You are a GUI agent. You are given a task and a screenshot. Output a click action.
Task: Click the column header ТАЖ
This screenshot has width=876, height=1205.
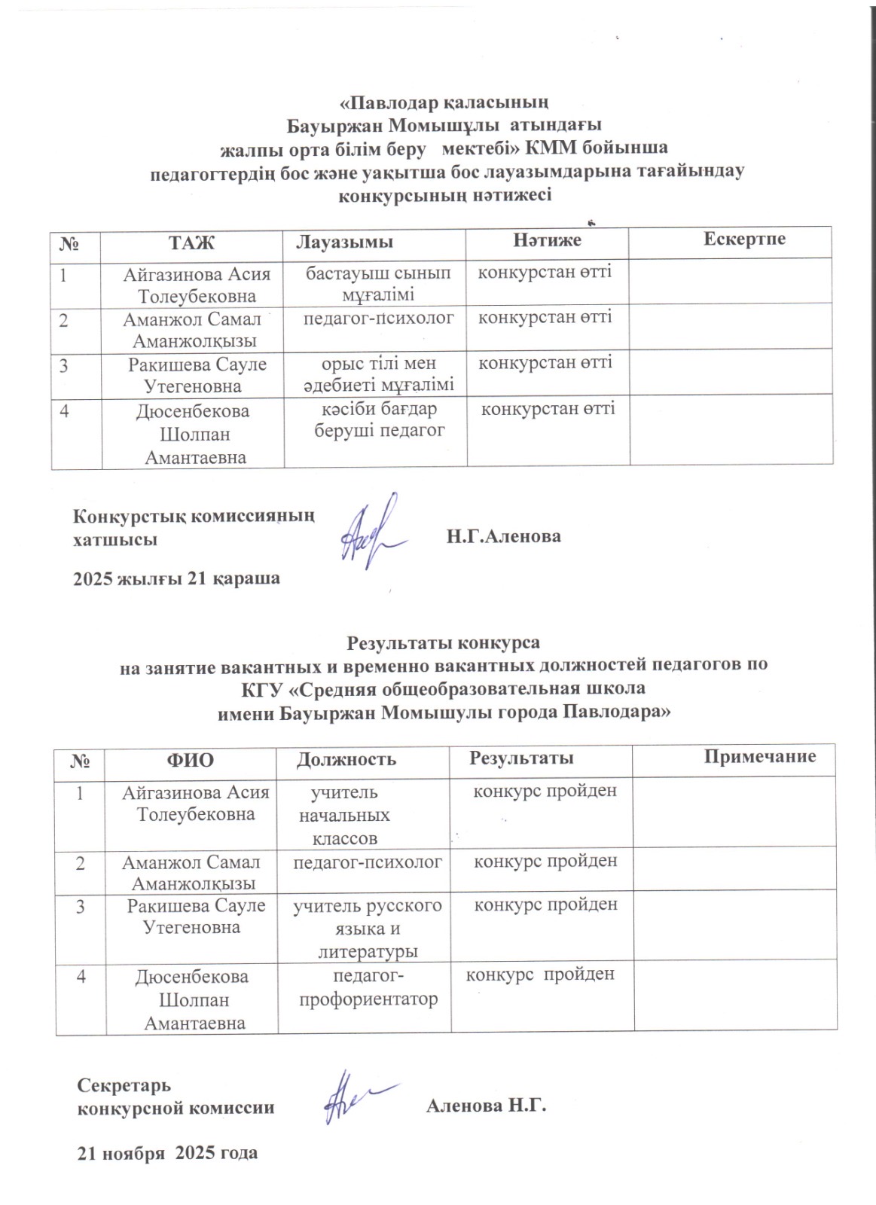click(191, 242)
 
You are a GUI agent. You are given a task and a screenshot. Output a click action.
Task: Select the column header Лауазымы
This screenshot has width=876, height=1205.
click(344, 242)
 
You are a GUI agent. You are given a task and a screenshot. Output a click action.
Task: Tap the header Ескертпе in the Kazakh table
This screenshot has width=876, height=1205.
click(744, 239)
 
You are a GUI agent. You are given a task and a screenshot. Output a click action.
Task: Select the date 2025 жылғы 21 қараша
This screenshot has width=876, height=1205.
click(176, 578)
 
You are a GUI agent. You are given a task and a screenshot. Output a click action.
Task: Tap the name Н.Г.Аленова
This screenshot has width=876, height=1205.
click(503, 537)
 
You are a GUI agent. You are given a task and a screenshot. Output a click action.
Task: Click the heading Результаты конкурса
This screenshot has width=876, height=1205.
click(443, 644)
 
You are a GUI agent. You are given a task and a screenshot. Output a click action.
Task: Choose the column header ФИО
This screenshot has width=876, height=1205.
click(190, 759)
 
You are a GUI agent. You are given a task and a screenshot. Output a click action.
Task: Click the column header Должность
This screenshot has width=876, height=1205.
click(346, 758)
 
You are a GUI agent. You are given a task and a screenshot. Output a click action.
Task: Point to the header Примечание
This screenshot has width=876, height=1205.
click(760, 756)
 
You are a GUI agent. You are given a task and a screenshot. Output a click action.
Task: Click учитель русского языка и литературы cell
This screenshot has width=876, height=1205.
click(368, 929)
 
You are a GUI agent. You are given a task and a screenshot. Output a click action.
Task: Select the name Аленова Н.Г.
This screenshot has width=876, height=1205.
click(485, 1106)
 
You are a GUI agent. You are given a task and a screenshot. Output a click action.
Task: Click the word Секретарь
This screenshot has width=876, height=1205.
click(125, 1085)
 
